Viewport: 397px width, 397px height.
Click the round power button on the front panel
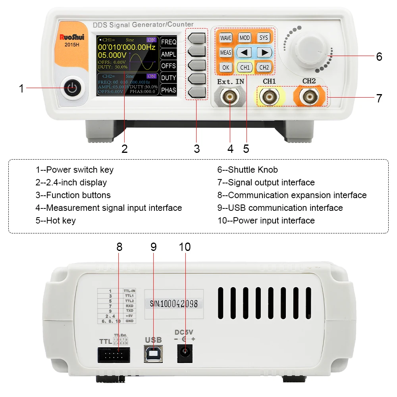coord(72,88)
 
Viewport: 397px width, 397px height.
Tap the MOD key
coord(245,38)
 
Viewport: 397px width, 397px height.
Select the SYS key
coord(263,38)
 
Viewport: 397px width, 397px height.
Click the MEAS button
coord(225,52)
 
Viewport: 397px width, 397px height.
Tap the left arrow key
coord(245,52)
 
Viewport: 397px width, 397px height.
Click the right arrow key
coord(263,52)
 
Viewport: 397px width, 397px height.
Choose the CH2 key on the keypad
coord(264,67)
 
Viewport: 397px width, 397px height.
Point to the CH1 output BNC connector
coord(269,96)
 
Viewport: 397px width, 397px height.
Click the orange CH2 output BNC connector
coord(309,96)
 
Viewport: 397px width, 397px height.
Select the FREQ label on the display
coord(169,42)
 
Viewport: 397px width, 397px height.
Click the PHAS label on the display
coord(169,90)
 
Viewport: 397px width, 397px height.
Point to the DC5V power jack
coord(185,353)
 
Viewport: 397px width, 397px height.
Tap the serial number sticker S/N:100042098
coord(174,304)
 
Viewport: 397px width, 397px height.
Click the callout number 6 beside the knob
coord(379,57)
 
